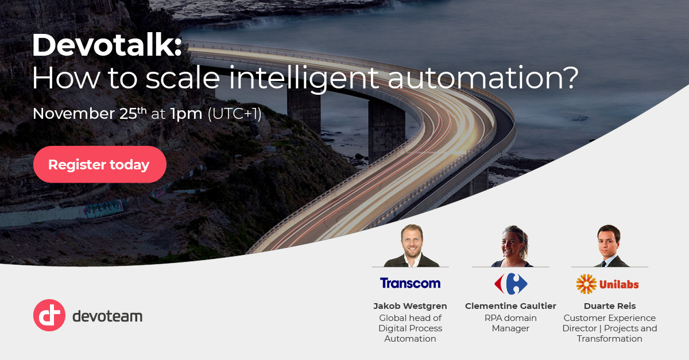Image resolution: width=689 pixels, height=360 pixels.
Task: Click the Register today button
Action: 99,165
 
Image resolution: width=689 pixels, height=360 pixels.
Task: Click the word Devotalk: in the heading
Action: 107,45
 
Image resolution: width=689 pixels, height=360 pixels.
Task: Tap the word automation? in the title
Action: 482,79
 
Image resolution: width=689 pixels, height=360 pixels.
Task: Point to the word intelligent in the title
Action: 308,79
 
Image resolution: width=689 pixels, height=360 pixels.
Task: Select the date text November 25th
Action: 90,113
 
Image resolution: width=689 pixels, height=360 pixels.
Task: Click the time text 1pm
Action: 186,114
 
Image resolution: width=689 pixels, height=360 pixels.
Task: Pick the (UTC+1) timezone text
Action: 234,114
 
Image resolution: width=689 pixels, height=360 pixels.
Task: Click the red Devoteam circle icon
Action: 49,315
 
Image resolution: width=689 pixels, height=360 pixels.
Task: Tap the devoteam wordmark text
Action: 107,316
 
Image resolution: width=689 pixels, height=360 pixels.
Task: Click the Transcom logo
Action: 410,283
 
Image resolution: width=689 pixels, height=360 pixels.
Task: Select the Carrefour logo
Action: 510,284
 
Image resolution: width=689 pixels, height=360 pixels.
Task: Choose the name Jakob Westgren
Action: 410,306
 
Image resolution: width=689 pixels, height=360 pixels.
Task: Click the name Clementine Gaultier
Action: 510,306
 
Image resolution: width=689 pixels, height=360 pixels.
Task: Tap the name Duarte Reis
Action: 609,306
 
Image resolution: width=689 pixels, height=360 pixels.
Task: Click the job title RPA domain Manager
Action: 510,323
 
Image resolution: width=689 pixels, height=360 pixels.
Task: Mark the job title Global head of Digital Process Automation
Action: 410,328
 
